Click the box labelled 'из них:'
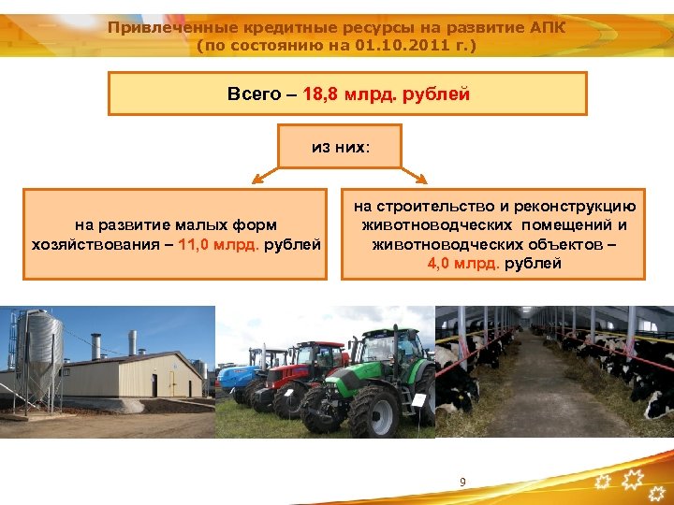pyautogui.click(x=340, y=147)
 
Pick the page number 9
pyautogui.click(x=462, y=482)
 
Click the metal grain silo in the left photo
pyautogui.click(x=40, y=360)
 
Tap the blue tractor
pyautogui.click(x=236, y=375)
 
